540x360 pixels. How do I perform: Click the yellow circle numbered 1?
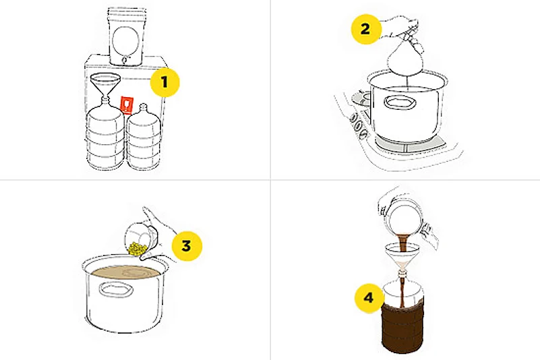165,82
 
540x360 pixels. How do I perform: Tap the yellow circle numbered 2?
366,29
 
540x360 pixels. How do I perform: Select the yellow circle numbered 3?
187,246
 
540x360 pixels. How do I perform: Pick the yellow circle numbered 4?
369,298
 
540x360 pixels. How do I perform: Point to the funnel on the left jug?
105,87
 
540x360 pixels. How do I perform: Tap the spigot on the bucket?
124,61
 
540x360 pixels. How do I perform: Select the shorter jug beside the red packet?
144,137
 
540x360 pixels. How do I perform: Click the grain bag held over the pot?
404,59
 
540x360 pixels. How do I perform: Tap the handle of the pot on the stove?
400,102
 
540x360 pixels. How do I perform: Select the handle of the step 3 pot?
116,289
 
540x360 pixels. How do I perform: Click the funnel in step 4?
401,258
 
